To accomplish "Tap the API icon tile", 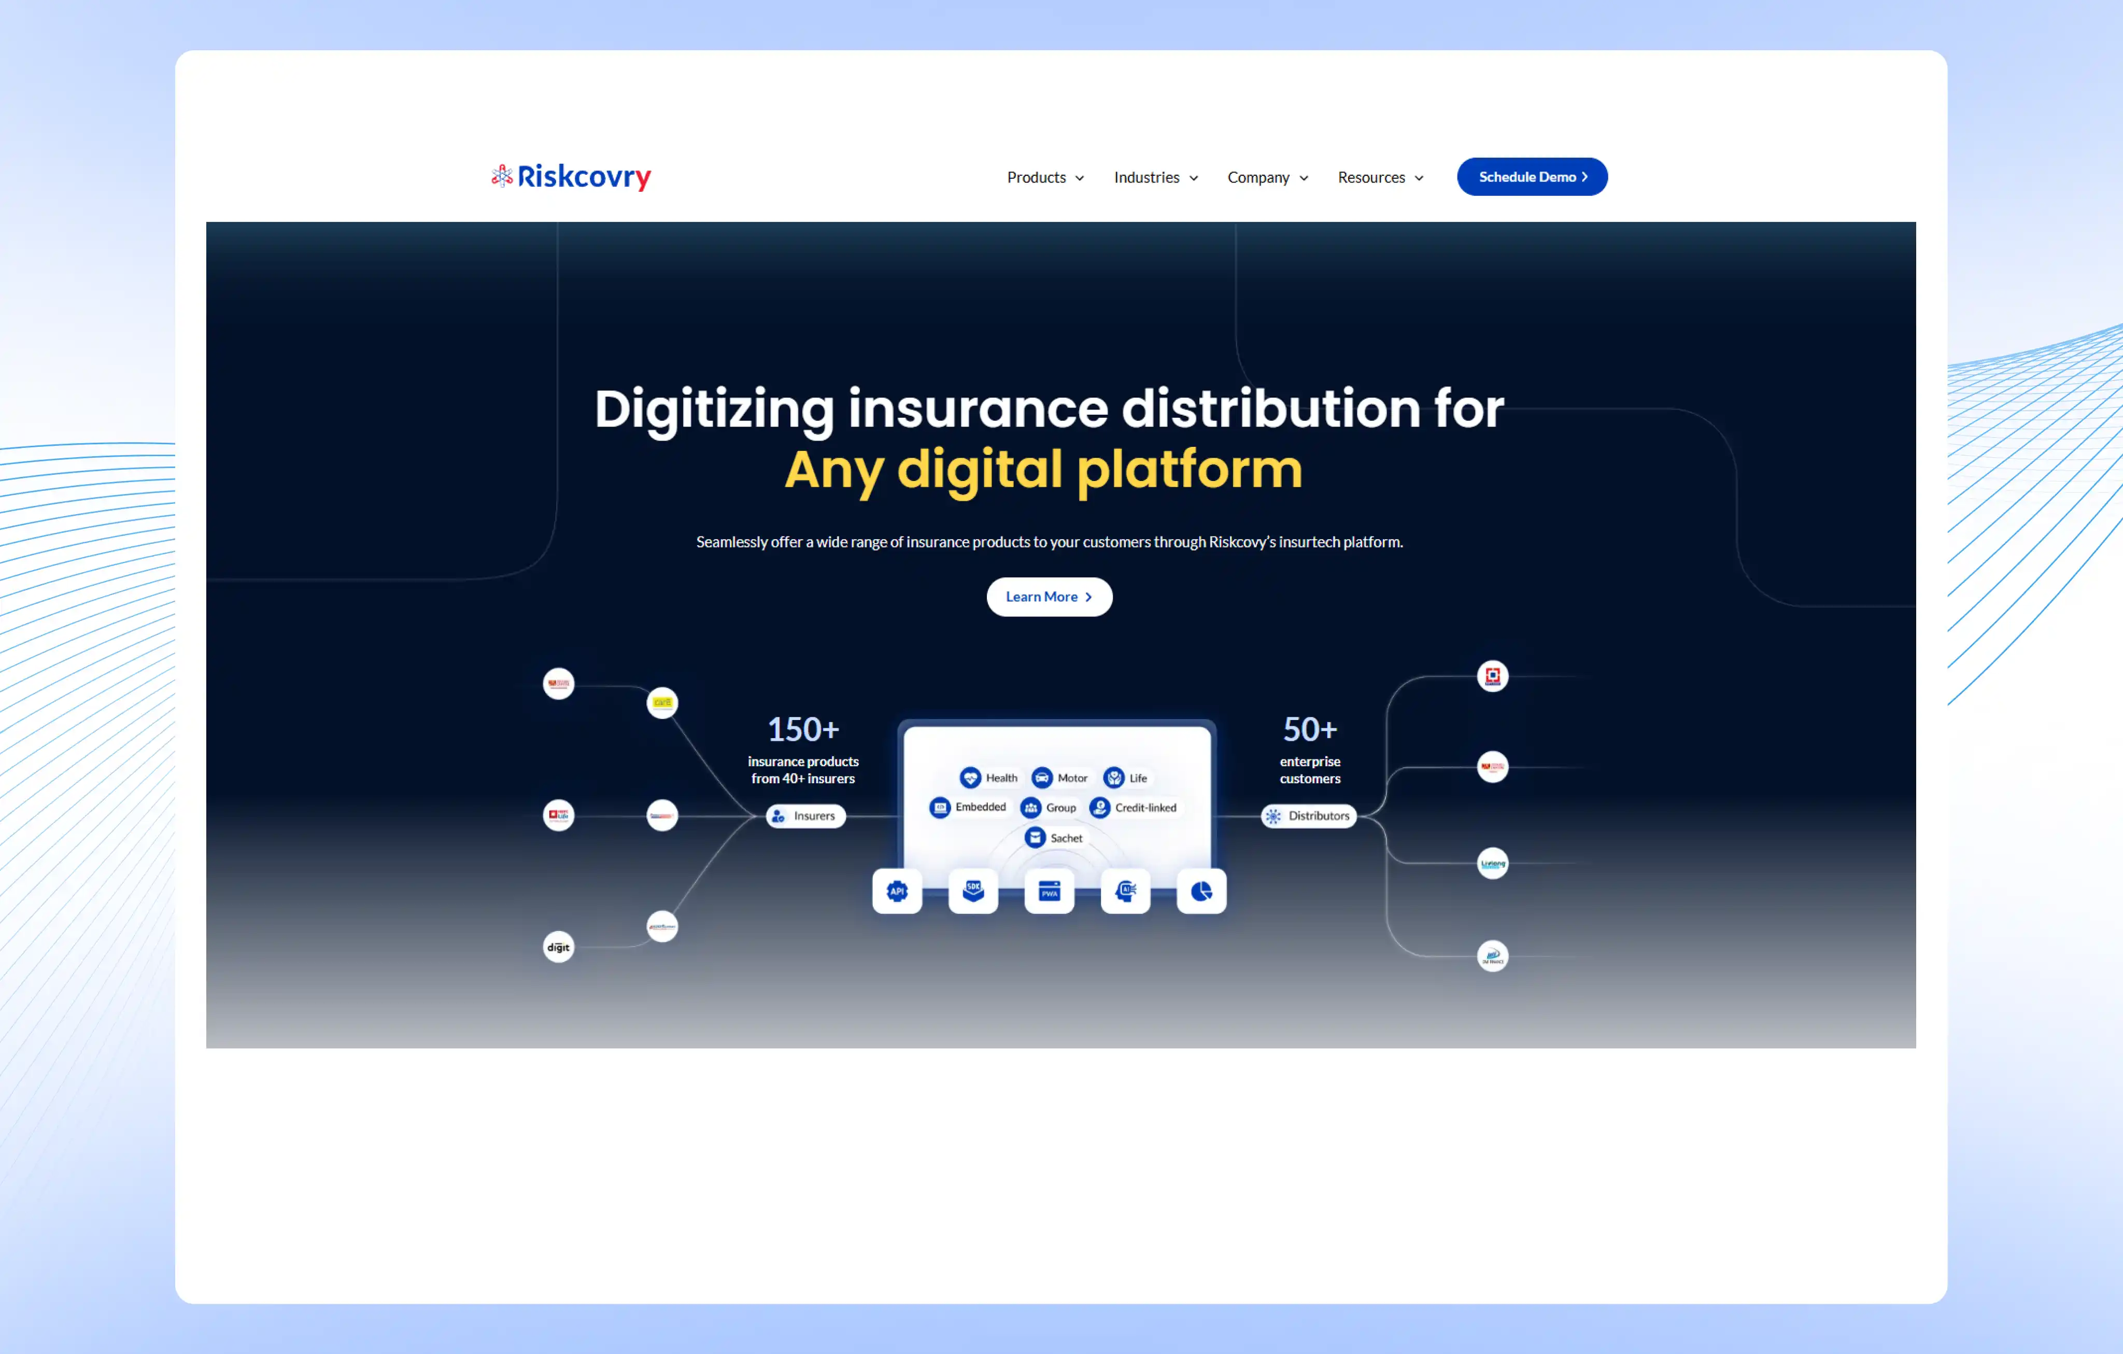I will [897, 891].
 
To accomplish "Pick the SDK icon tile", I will [972, 891].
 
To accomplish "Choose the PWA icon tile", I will [1049, 891].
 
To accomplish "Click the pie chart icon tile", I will [1201, 891].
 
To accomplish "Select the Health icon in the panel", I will [970, 778].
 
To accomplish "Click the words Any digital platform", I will [1043, 469].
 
